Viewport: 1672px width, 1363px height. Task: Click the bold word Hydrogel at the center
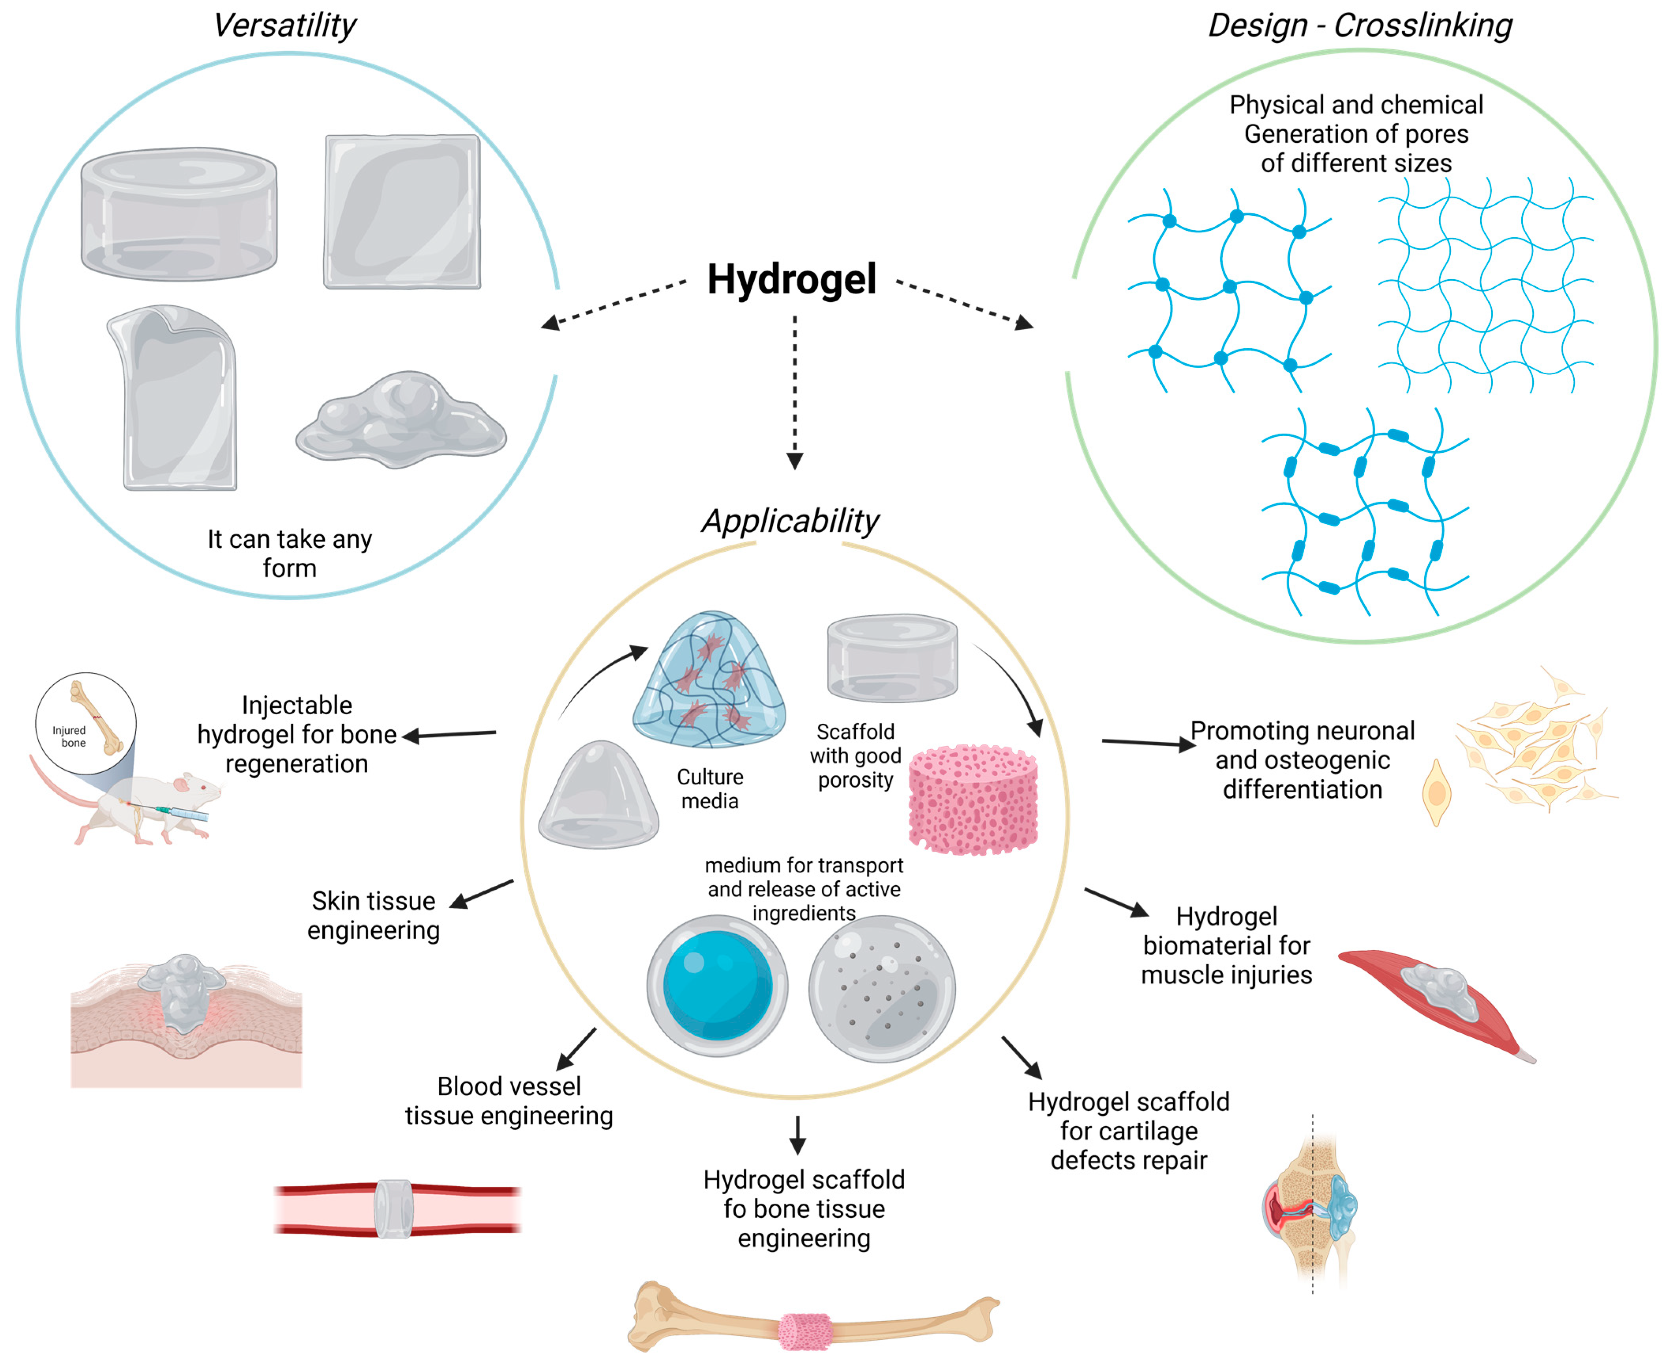[x=791, y=280]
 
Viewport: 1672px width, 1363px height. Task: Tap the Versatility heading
[x=284, y=25]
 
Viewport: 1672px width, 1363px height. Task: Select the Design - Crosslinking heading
[x=1359, y=25]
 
